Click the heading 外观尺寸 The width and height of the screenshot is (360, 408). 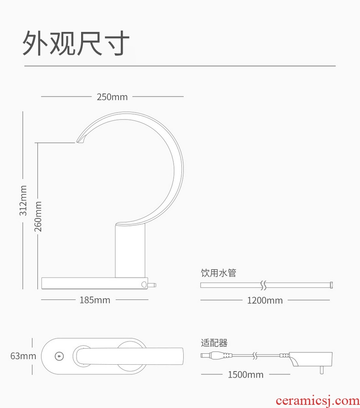click(x=76, y=43)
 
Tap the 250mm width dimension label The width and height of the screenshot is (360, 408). click(x=112, y=97)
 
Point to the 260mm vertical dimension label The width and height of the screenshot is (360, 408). click(x=38, y=217)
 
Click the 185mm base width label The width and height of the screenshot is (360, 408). click(x=95, y=300)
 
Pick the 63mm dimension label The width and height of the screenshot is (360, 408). click(x=23, y=356)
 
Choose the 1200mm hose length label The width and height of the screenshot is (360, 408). click(x=265, y=300)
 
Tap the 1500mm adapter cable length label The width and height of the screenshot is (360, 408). click(x=246, y=375)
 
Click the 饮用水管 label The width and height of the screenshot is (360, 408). click(x=219, y=273)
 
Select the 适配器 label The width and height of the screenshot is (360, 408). click(x=214, y=343)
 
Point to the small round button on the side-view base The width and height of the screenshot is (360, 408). click(x=144, y=284)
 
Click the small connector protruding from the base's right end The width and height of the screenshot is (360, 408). click(x=153, y=285)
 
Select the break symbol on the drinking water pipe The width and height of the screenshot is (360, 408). click(x=263, y=285)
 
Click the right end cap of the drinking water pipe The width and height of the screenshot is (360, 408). click(x=332, y=285)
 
